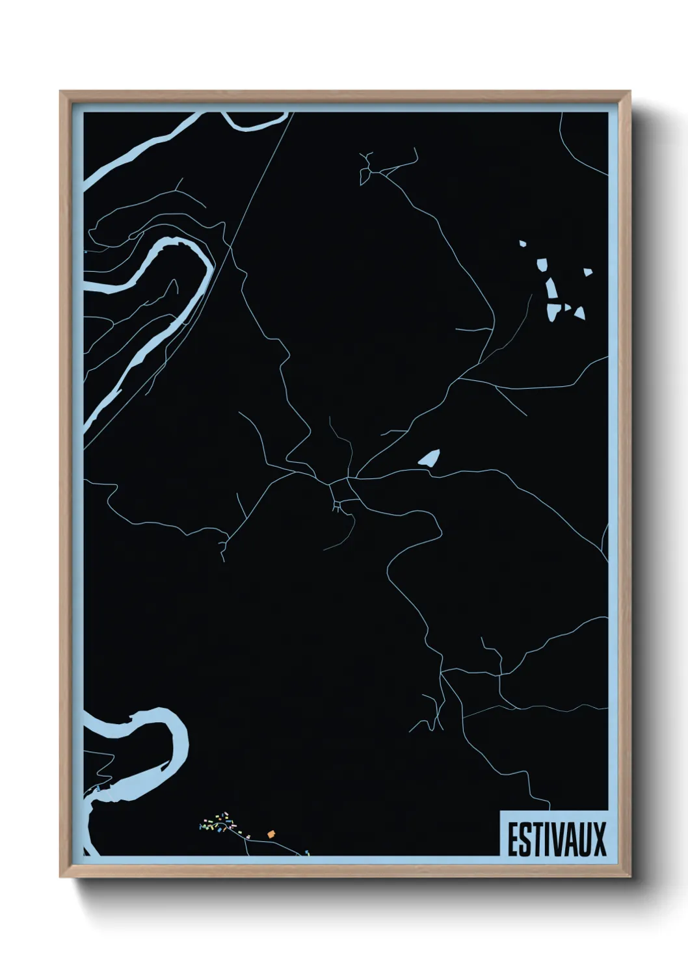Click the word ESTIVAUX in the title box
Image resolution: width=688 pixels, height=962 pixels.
(556, 839)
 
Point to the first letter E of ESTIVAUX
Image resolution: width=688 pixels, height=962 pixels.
(512, 839)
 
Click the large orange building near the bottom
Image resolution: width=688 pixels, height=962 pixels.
(271, 834)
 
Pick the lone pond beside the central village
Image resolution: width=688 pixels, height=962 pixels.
(430, 458)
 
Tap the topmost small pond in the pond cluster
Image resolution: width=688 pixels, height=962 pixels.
(522, 244)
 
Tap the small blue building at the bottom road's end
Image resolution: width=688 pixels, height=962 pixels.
(307, 852)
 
